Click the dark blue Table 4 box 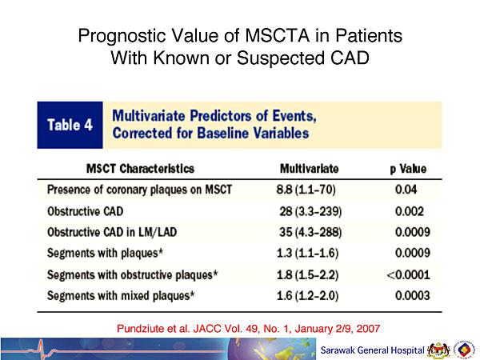pyautogui.click(x=70, y=125)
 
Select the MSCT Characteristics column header pyautogui.click(x=140, y=169)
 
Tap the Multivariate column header pyautogui.click(x=309, y=169)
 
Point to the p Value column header pyautogui.click(x=408, y=169)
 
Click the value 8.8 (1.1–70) pyautogui.click(x=306, y=190)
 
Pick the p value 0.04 pyautogui.click(x=406, y=189)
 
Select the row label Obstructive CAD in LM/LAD pyautogui.click(x=112, y=232)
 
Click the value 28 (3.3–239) pyautogui.click(x=310, y=211)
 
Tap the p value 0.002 pyautogui.click(x=410, y=211)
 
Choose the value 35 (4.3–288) pyautogui.click(x=310, y=232)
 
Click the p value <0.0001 pyautogui.click(x=408, y=274)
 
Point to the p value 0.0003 pyautogui.click(x=413, y=295)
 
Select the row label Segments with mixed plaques pyautogui.click(x=121, y=296)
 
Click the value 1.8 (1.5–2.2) pyautogui.click(x=308, y=275)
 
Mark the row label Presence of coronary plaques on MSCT pyautogui.click(x=139, y=190)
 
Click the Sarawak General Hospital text pyautogui.click(x=372, y=350)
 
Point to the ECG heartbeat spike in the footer pyautogui.click(x=40, y=349)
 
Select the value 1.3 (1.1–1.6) pyautogui.click(x=308, y=253)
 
